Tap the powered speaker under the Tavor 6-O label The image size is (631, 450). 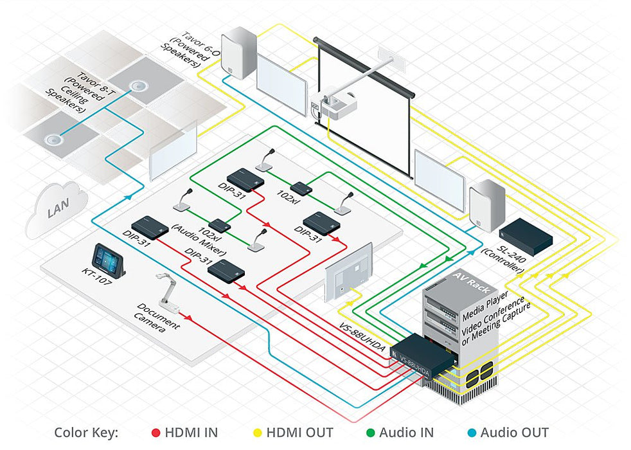[x=239, y=52]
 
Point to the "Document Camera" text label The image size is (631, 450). [x=158, y=319]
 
